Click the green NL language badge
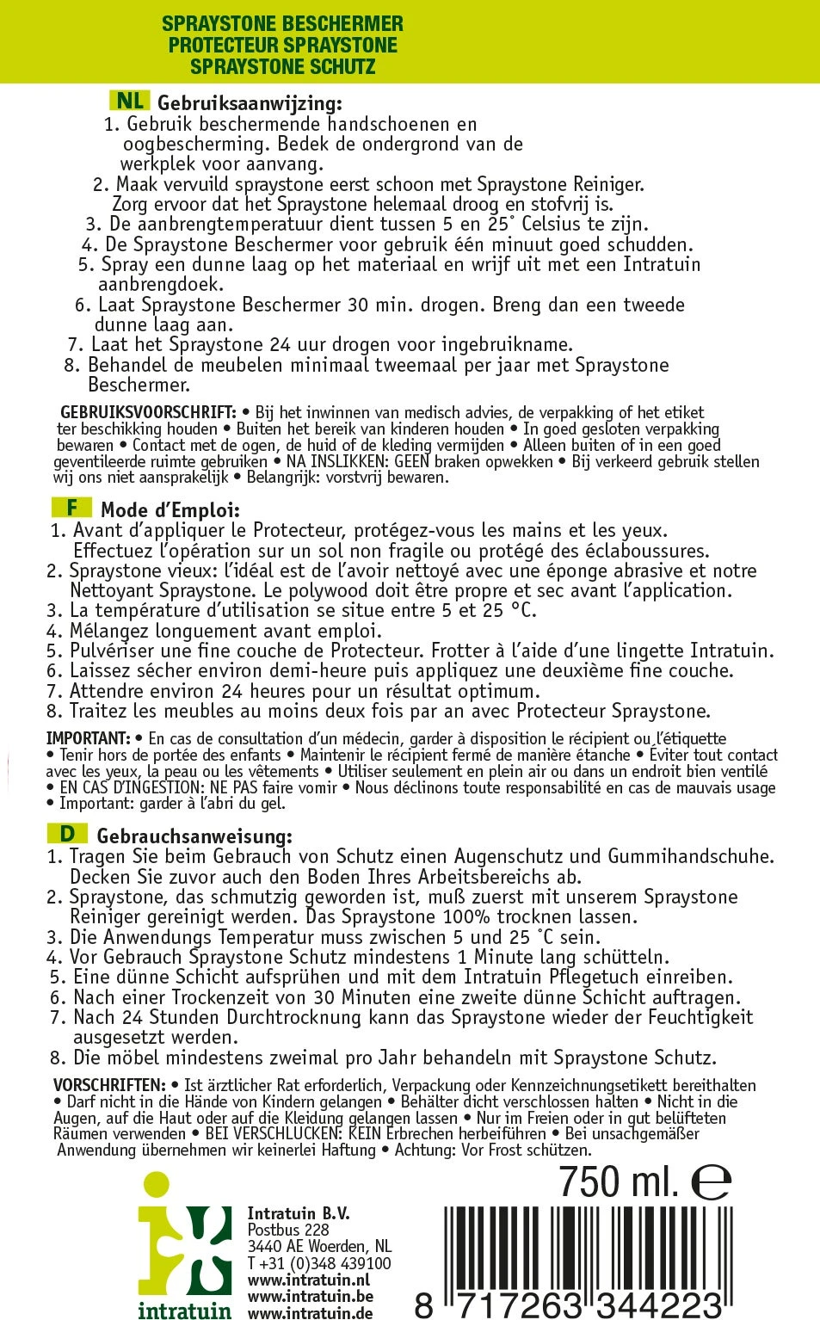pos(129,102)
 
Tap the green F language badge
pos(72,508)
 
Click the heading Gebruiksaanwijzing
pos(250,103)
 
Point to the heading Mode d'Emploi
pos(170,510)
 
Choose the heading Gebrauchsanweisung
pos(194,836)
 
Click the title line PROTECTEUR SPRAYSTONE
pos(282,45)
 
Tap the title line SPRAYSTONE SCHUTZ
pos(282,66)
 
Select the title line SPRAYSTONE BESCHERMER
pos(282,23)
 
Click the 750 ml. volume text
pos(619,1181)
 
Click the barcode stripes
pos(585,1248)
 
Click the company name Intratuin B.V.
pos(298,1213)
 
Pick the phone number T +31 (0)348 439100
pos(318,1263)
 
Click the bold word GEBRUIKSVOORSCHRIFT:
pos(147,413)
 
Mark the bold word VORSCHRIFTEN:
pos(109,1086)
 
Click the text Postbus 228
pos(287,1230)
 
